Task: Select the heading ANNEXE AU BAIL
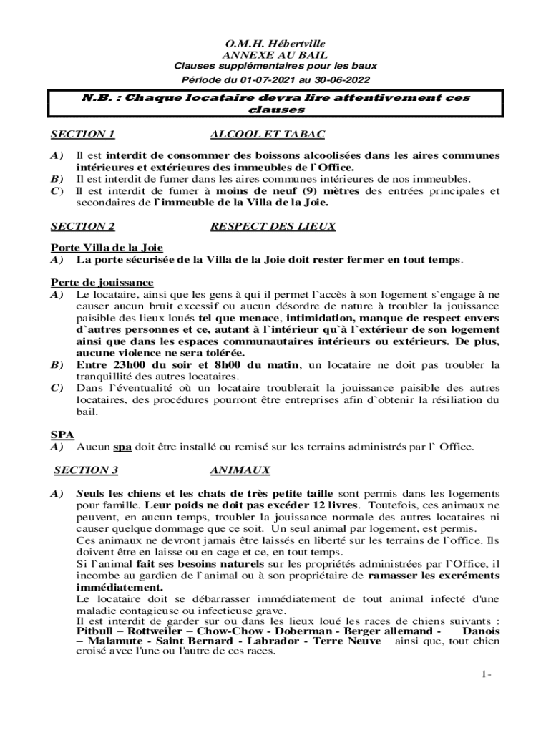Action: click(x=275, y=54)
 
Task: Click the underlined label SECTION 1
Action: click(x=83, y=134)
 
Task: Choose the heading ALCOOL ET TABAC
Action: click(x=268, y=134)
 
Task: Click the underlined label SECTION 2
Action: click(x=83, y=227)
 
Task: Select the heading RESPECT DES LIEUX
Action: click(x=273, y=227)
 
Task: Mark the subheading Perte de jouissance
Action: click(x=102, y=283)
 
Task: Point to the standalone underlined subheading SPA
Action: click(x=62, y=435)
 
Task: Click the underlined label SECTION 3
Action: click(x=86, y=470)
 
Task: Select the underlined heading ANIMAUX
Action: click(x=240, y=470)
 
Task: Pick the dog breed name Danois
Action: click(x=481, y=631)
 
